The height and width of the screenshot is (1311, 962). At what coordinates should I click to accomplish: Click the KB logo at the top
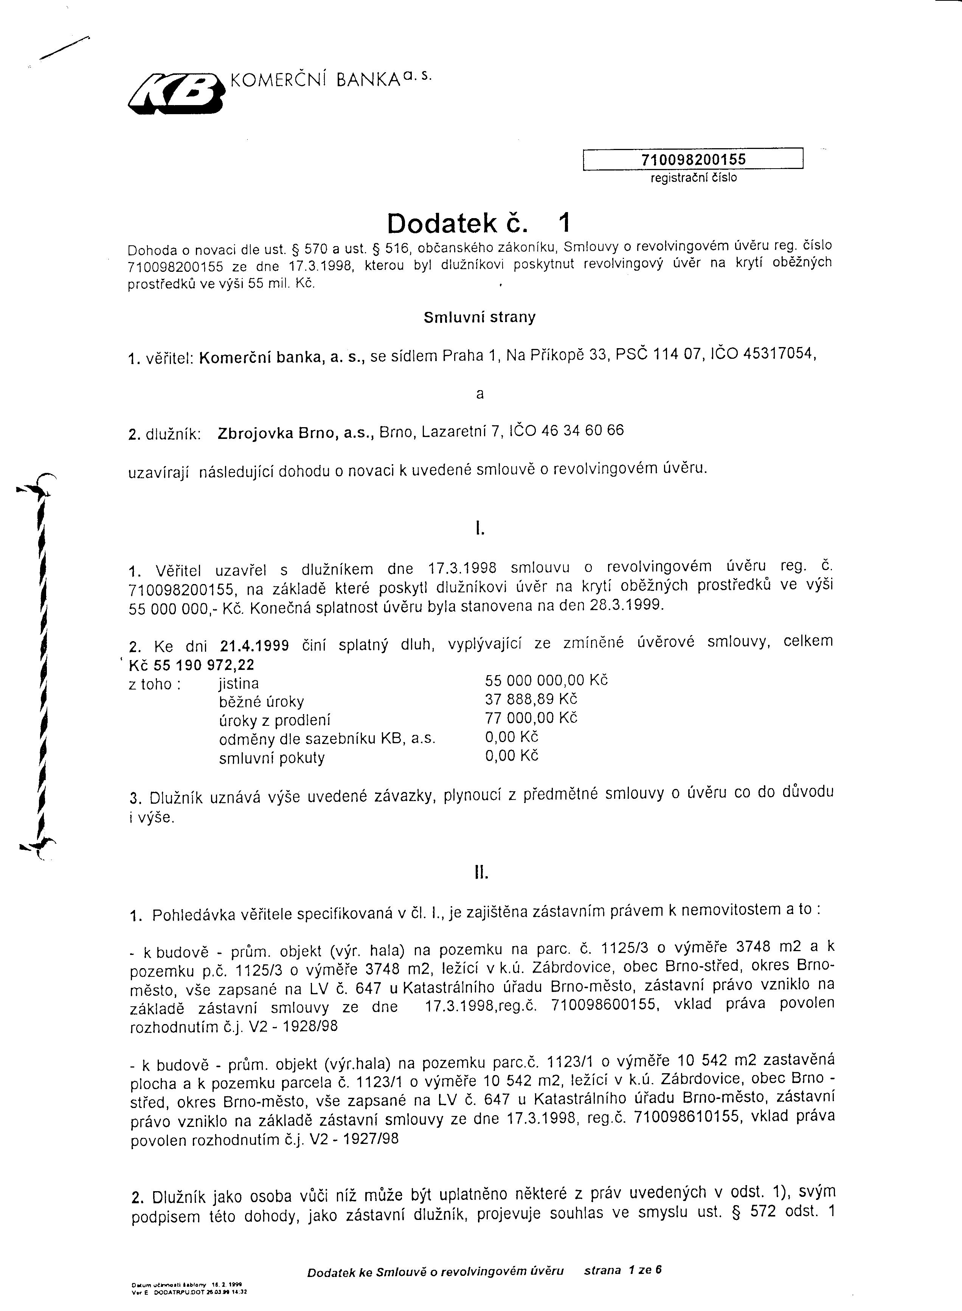176,92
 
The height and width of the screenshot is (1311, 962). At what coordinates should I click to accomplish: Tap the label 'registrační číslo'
693,178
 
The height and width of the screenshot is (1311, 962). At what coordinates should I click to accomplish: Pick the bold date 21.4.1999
255,646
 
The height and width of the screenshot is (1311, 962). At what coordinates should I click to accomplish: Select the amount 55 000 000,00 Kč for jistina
546,680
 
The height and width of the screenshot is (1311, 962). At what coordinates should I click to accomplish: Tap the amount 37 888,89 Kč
531,699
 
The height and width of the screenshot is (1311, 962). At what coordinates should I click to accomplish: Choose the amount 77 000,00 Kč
531,717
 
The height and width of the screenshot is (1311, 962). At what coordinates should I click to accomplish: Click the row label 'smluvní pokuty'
272,758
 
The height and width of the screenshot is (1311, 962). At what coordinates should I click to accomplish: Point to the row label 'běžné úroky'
261,702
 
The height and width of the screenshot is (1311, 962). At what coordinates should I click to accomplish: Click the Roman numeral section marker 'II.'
480,873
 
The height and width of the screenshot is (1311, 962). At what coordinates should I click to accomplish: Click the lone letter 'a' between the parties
480,394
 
